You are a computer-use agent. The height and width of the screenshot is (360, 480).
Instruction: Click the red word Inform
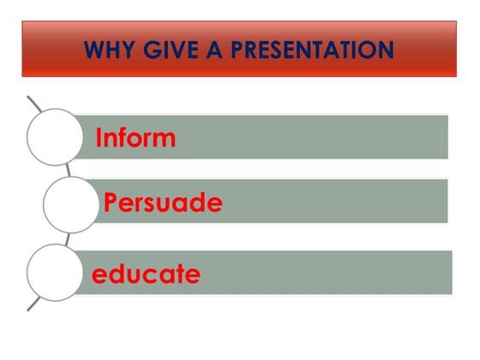(135, 138)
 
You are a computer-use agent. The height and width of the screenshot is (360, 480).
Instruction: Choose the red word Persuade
(163, 204)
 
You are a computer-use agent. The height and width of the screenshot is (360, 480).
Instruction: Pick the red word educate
(146, 274)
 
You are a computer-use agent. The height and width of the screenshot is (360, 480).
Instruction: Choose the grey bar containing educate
(326, 273)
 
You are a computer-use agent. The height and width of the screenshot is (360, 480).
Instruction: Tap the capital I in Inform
(99, 138)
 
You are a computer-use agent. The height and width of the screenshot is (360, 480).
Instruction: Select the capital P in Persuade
(111, 204)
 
